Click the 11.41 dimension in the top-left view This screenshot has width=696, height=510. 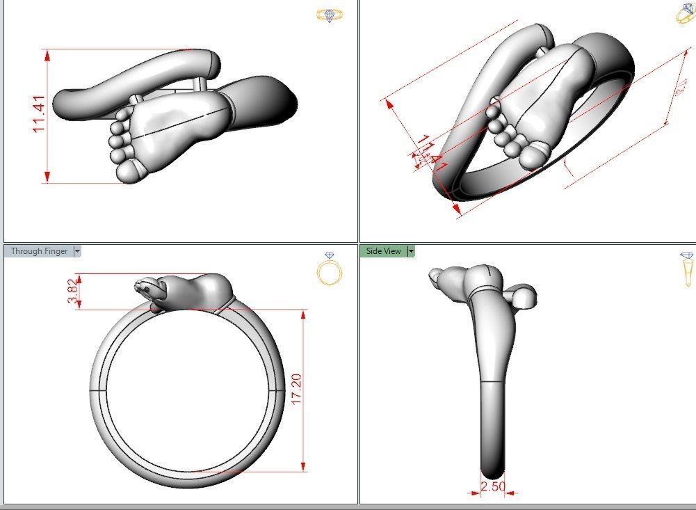[x=39, y=114]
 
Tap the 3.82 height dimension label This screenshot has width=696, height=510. [x=72, y=290]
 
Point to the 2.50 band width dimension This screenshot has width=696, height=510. [x=492, y=486]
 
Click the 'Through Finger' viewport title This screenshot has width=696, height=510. [x=39, y=251]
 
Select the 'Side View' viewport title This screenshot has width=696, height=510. [x=383, y=251]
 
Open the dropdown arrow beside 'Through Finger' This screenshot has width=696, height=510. [x=77, y=251]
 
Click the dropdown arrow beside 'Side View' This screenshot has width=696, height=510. [x=411, y=251]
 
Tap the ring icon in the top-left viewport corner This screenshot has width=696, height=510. [x=330, y=15]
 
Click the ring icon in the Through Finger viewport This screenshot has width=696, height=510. [x=330, y=269]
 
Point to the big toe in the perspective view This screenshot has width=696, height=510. [x=533, y=154]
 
